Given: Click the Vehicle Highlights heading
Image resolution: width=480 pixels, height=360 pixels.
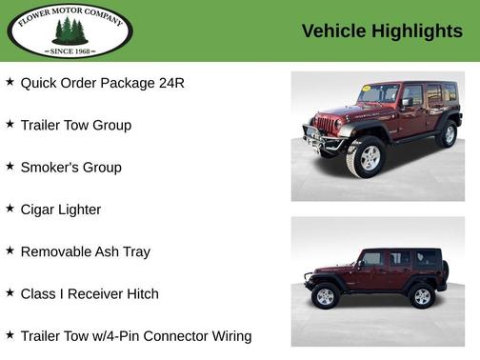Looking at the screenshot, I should (382, 30).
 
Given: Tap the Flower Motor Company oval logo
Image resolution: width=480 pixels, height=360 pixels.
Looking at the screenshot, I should (70, 30).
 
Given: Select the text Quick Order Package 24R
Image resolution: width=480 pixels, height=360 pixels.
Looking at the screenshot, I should (102, 83).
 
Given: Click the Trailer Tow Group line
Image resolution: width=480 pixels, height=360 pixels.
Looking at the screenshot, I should (75, 125).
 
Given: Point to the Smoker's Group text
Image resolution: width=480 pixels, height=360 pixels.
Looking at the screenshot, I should (70, 168).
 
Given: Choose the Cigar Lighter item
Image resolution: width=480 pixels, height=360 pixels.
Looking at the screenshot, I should (60, 210).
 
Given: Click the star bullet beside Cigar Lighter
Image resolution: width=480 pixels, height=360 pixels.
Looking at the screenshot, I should (10, 209).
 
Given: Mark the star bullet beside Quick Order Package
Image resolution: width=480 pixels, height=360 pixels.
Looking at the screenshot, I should (10, 82).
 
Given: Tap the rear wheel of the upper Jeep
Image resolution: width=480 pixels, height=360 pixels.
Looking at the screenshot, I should (447, 134).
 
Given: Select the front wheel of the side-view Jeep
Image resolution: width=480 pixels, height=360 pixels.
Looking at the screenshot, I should (325, 296).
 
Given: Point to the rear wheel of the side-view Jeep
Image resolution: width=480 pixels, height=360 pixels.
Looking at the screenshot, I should (421, 296).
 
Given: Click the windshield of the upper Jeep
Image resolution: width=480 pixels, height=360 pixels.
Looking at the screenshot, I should (378, 94).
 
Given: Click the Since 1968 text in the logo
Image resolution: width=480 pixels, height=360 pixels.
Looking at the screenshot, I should (70, 50).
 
